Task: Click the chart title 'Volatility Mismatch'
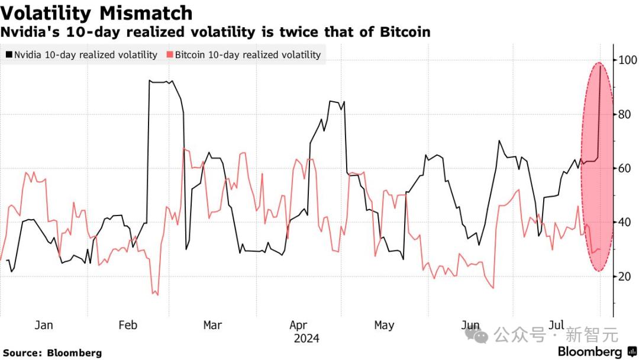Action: tap(96, 12)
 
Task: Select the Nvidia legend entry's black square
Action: tap(8, 55)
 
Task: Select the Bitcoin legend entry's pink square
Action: tap(170, 55)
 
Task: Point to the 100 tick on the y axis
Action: tap(628, 60)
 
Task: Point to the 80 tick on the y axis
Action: tap(625, 114)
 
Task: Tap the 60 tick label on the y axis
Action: tap(625, 168)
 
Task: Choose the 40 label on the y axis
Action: tap(625, 222)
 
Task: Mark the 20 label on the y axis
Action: tap(625, 277)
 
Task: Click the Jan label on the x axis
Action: tap(44, 325)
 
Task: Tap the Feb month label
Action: tap(128, 325)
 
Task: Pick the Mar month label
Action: tap(212, 325)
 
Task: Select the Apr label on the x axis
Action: tap(298, 325)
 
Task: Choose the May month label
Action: tap(384, 325)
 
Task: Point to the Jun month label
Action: tap(470, 325)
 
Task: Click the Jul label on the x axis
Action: tap(556, 325)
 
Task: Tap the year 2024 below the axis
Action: tap(306, 339)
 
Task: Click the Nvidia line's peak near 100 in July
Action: tap(601, 66)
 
